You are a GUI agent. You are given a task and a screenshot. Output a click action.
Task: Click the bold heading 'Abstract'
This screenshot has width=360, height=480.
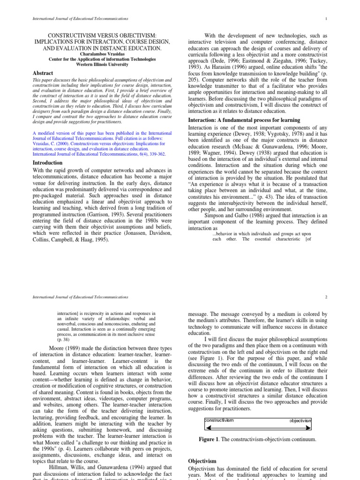(x=43, y=73)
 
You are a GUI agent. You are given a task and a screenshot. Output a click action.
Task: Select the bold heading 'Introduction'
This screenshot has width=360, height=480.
(x=49, y=163)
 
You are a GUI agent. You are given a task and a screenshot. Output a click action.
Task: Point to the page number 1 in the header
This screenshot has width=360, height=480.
(x=324, y=18)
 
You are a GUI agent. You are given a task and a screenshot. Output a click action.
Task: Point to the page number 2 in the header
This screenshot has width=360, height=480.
(x=324, y=297)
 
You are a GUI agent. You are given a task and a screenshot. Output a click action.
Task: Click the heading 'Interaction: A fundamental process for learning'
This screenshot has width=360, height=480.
(x=244, y=120)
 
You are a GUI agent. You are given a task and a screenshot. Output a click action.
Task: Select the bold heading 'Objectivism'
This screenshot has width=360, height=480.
(x=202, y=461)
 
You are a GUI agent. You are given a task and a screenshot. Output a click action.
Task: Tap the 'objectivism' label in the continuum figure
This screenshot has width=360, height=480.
(x=299, y=421)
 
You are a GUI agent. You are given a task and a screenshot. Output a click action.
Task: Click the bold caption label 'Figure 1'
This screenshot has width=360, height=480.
(x=208, y=439)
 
